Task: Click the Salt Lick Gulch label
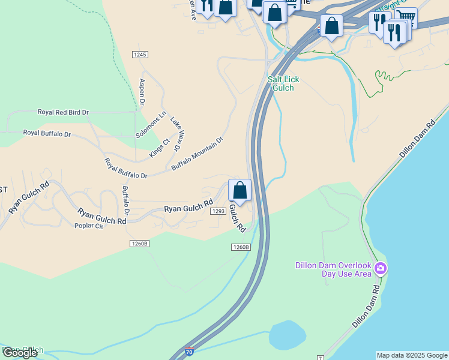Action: [x=283, y=83]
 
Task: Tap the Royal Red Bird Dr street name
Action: [x=63, y=112]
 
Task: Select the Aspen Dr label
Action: [x=142, y=92]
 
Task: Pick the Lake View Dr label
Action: [x=175, y=133]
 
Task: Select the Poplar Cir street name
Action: [x=88, y=226]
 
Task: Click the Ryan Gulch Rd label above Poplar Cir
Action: [x=101, y=216]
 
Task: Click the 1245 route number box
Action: [x=140, y=55]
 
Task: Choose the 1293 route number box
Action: [x=218, y=211]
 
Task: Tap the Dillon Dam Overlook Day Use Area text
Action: [x=334, y=269]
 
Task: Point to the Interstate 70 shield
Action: [x=188, y=353]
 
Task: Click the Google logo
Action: [x=20, y=352]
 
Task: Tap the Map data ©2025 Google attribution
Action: [x=412, y=355]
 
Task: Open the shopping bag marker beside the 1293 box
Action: [x=240, y=191]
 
